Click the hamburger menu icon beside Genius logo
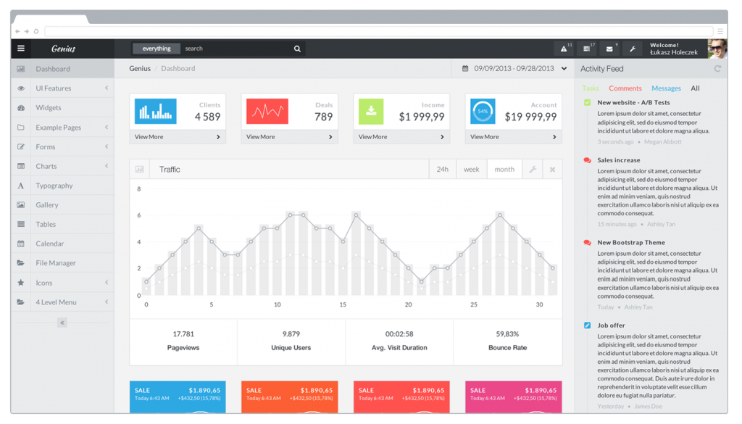coord(21,49)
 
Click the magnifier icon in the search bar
coord(297,49)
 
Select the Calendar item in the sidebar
coord(50,244)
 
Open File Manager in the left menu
coord(56,263)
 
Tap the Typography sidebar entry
coord(54,186)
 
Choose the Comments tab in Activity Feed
coord(625,88)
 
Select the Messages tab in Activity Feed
coord(666,88)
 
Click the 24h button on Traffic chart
coord(442,170)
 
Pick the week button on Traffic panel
coord(471,170)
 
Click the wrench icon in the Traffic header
coord(532,170)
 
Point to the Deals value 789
coord(323,117)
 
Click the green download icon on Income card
coord(371,111)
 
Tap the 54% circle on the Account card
coord(483,111)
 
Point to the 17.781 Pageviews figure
coord(183,334)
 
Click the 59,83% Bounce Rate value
coord(507,334)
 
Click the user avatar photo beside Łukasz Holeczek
coord(717,49)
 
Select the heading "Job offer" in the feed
coord(611,325)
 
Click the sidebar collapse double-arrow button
coord(62,323)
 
